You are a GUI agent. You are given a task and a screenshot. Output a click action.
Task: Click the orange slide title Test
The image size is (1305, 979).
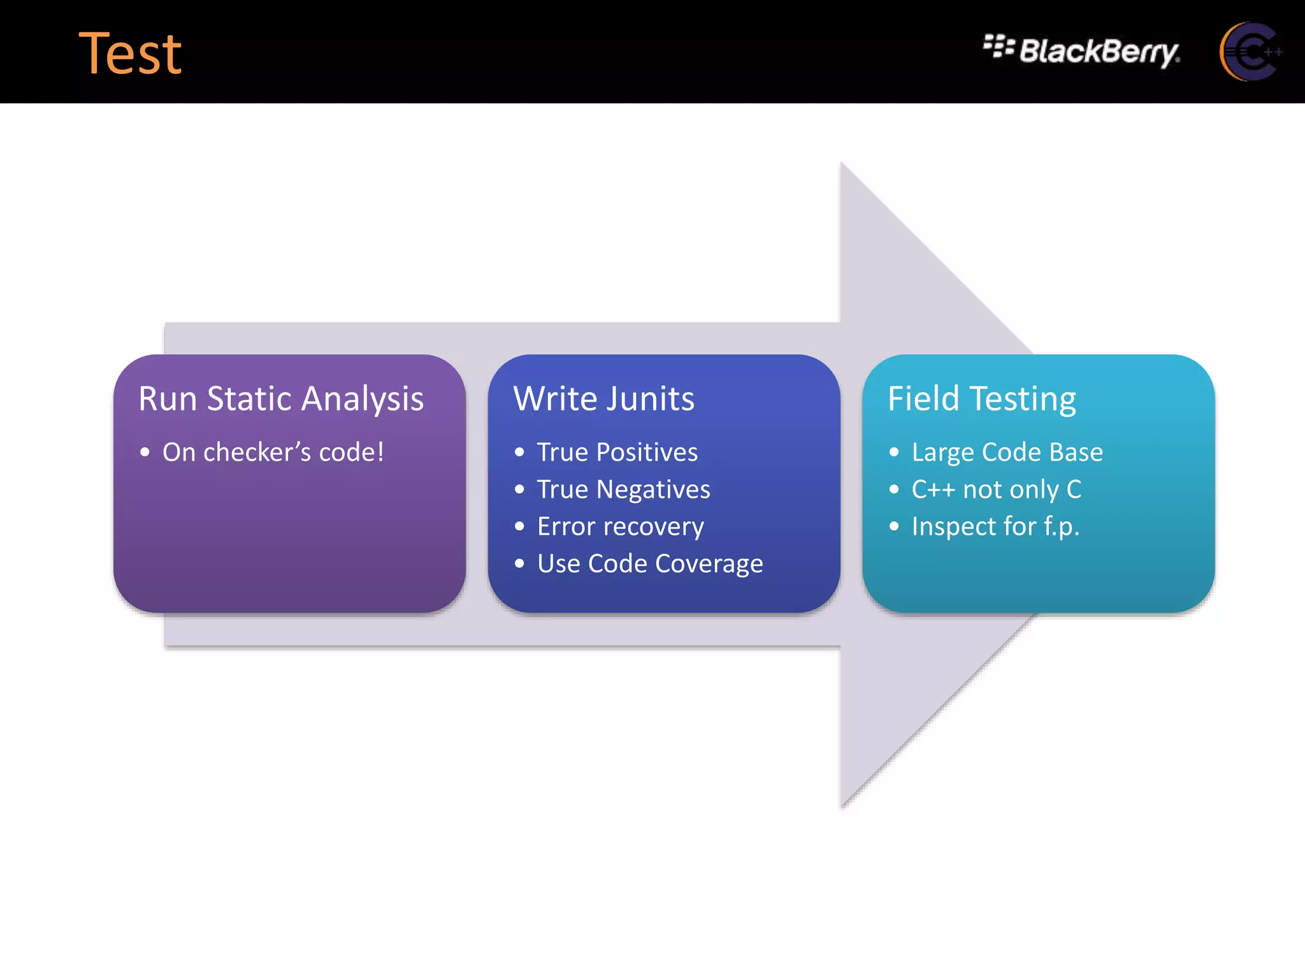(130, 54)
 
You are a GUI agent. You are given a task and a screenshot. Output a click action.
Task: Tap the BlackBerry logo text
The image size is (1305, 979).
(1099, 51)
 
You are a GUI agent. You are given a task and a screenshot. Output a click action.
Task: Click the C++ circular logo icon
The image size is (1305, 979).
(1249, 52)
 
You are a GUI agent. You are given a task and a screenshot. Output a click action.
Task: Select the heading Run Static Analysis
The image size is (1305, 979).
(281, 399)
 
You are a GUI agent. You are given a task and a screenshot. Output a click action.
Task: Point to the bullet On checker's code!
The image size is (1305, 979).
(273, 452)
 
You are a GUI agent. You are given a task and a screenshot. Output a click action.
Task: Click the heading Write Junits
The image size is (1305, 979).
(603, 399)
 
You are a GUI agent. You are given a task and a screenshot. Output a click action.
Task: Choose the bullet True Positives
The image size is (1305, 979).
(617, 452)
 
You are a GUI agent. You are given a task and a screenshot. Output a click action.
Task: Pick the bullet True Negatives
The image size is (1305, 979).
(623, 489)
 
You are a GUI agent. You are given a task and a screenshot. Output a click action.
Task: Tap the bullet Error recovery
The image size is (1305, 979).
(620, 526)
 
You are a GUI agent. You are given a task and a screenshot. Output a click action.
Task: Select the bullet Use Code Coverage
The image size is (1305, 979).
(649, 563)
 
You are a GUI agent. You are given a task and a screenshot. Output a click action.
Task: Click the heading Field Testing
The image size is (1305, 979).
(981, 399)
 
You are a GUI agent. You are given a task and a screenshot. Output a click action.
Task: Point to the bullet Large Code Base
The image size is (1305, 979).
(1007, 452)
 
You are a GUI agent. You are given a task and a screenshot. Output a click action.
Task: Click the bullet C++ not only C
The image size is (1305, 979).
(996, 489)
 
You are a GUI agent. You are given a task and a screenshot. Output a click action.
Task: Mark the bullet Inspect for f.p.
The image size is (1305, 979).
(995, 526)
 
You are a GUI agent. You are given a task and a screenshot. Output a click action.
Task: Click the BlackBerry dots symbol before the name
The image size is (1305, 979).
(998, 46)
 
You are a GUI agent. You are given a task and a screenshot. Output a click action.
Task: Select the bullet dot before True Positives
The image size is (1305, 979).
(519, 453)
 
